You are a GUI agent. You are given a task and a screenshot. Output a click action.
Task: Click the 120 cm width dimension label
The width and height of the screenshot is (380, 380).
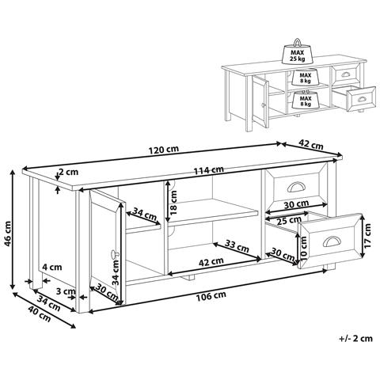(x=164, y=150)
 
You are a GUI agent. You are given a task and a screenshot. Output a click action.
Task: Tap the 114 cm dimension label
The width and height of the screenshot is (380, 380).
(x=208, y=170)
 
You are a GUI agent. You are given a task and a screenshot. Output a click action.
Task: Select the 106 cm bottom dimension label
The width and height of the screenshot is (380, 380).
(x=211, y=296)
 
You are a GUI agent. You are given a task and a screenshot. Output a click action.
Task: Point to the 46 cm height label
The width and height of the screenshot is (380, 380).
(x=9, y=234)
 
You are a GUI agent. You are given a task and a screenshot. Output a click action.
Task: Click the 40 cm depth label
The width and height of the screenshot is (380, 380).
(x=40, y=314)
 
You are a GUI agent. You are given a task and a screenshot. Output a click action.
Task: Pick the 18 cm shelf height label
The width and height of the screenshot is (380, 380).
(x=173, y=203)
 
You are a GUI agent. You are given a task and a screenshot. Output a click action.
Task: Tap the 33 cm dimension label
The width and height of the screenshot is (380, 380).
(x=237, y=245)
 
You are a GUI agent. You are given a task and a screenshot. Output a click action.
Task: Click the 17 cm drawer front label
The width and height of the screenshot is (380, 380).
(x=367, y=235)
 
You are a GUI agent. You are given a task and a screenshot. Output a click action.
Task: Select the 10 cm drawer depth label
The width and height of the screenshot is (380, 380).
(x=303, y=248)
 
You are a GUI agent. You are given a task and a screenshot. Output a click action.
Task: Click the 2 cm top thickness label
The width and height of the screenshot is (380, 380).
(x=68, y=172)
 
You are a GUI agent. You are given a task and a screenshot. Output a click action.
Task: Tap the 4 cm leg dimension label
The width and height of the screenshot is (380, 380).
(x=52, y=268)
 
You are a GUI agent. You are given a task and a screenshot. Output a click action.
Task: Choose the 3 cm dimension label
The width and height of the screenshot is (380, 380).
(x=66, y=291)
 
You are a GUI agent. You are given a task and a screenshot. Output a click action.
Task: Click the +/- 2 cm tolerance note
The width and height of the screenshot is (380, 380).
(x=355, y=338)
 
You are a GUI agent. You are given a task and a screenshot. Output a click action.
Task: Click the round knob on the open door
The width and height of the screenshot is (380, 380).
(x=114, y=254)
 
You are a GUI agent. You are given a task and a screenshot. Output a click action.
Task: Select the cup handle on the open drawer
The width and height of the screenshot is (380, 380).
(x=332, y=241)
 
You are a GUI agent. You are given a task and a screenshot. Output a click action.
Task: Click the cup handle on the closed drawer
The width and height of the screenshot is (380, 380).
(x=297, y=187)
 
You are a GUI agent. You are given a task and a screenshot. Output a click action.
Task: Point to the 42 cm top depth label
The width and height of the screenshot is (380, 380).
(x=310, y=144)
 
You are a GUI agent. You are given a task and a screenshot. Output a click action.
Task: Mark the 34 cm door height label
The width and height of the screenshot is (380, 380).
(x=116, y=272)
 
